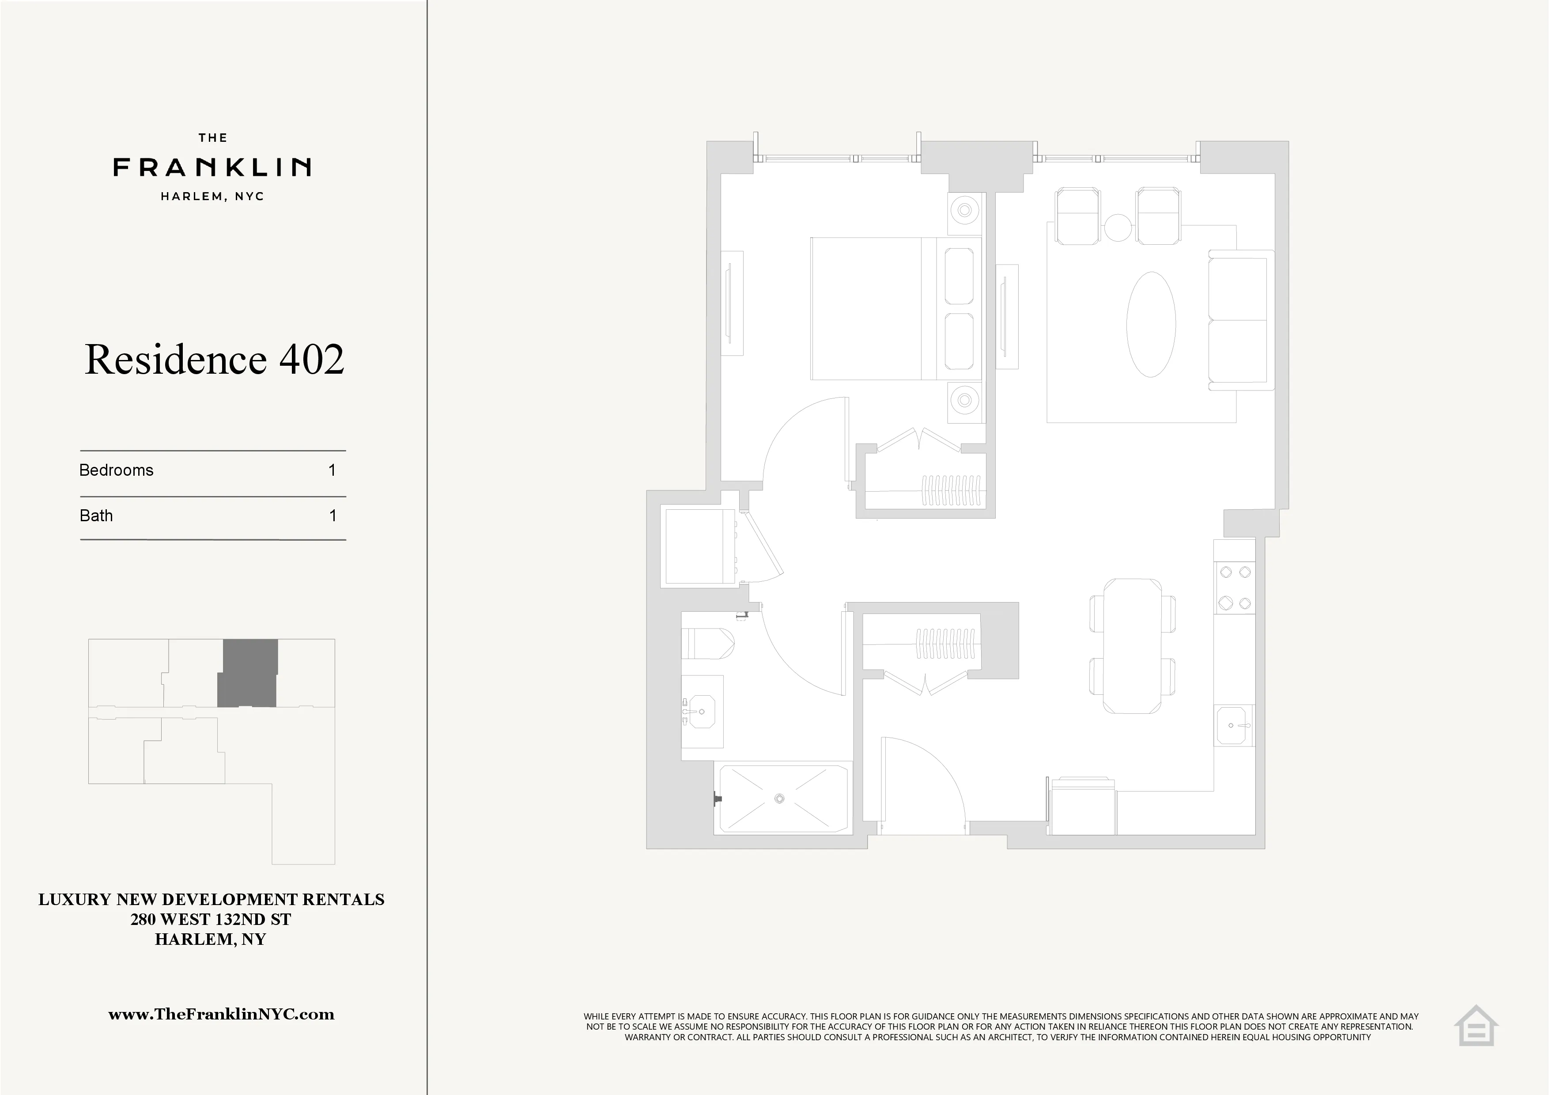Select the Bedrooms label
click(116, 470)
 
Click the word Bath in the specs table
click(96, 516)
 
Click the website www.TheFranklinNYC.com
click(221, 1014)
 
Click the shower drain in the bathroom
click(780, 799)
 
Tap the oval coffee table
click(1151, 325)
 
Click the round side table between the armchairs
click(1117, 227)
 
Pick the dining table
click(1133, 646)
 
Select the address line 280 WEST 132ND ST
click(211, 919)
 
